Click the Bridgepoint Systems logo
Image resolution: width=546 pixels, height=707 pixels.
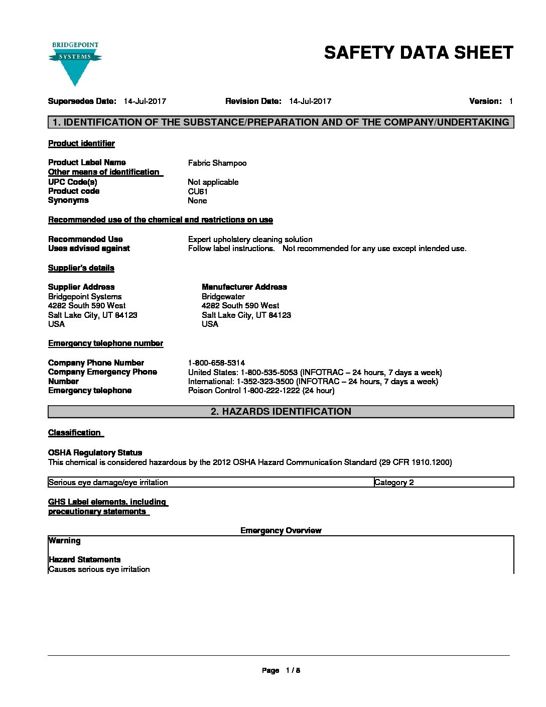75,63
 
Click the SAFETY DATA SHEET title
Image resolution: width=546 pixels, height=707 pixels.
419,53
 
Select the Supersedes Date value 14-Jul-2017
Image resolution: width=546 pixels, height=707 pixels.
145,101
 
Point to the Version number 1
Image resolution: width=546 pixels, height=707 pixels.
510,101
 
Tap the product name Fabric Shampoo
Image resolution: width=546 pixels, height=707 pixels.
217,163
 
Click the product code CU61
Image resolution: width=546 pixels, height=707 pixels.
198,191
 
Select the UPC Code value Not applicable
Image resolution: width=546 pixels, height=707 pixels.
213,182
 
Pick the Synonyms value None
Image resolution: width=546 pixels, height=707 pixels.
197,201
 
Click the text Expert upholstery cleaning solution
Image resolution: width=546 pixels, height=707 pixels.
250,240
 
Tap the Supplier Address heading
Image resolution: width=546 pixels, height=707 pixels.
81,287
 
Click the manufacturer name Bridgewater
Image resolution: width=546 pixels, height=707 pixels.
223,297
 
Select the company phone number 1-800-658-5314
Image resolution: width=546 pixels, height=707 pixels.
216,363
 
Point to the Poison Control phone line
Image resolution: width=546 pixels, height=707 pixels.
261,391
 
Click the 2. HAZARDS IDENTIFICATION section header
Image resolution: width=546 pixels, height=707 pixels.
281,412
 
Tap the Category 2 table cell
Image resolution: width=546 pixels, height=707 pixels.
394,483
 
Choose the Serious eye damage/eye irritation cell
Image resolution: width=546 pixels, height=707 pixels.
108,483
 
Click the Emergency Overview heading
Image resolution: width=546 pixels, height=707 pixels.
281,531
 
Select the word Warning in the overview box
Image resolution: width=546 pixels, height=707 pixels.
65,541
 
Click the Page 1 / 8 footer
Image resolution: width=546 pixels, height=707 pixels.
281,670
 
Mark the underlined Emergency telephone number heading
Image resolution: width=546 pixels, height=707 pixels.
105,343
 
